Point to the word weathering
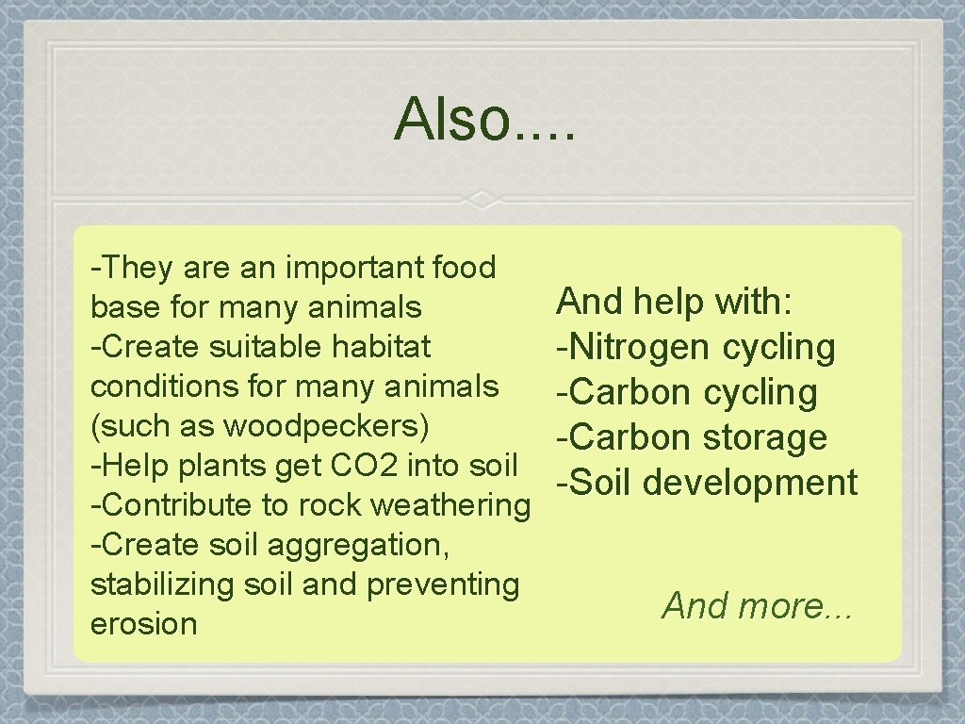pyautogui.click(x=451, y=506)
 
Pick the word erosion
pyautogui.click(x=144, y=624)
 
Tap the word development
pyautogui.click(x=751, y=483)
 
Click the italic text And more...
pyautogui.click(x=758, y=605)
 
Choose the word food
pyautogui.click(x=462, y=268)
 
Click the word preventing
pyautogui.click(x=442, y=585)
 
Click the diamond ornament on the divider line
pyautogui.click(x=482, y=200)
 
